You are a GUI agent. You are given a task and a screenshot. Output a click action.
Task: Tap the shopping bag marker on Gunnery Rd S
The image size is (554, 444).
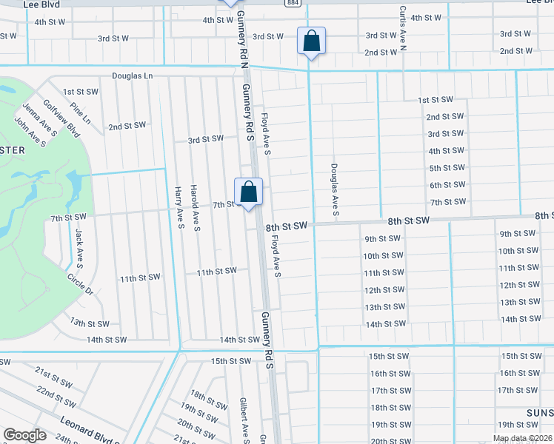[249, 192]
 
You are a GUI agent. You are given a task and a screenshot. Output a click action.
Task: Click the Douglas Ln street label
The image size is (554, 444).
[132, 75]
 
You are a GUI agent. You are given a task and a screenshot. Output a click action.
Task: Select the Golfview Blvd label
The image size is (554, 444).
[61, 119]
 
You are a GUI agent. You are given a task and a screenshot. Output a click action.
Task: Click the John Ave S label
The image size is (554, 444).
[30, 129]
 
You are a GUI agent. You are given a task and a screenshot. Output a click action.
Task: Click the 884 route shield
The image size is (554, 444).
[293, 3]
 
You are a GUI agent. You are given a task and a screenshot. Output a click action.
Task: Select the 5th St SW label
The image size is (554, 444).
[447, 168]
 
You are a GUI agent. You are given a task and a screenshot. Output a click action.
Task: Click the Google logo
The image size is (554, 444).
[24, 434]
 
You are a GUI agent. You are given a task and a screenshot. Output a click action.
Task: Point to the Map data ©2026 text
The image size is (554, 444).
[521, 438]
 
